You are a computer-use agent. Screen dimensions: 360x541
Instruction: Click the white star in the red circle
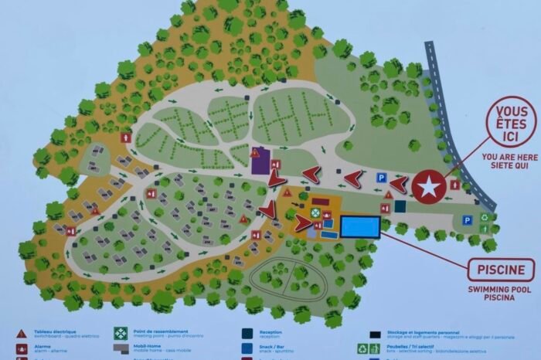click(x=427, y=187)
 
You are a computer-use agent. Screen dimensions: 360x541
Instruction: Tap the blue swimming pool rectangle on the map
click(x=360, y=226)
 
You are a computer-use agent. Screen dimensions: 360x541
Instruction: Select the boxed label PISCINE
click(x=500, y=270)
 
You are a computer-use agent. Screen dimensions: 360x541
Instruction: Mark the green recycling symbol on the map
click(x=485, y=218)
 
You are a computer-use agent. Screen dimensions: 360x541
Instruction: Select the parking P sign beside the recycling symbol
click(x=467, y=220)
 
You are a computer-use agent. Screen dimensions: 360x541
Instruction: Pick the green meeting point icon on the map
click(x=315, y=212)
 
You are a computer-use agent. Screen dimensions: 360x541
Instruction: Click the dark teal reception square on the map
click(x=400, y=206)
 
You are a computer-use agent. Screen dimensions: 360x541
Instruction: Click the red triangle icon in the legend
click(x=22, y=334)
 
